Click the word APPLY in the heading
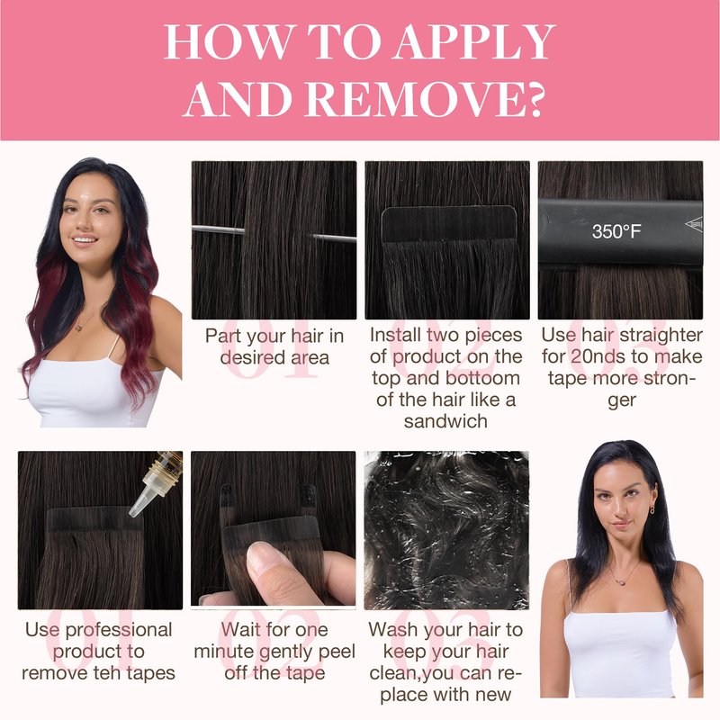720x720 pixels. (475, 42)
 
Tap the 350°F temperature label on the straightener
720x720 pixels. (616, 232)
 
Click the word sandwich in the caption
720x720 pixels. (445, 421)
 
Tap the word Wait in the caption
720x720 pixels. (238, 629)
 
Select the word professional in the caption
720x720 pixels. (119, 631)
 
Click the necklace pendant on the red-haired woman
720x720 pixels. (78, 328)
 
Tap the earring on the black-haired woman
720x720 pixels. (652, 508)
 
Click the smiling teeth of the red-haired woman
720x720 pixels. (85, 239)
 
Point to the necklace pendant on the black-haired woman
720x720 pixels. (622, 581)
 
